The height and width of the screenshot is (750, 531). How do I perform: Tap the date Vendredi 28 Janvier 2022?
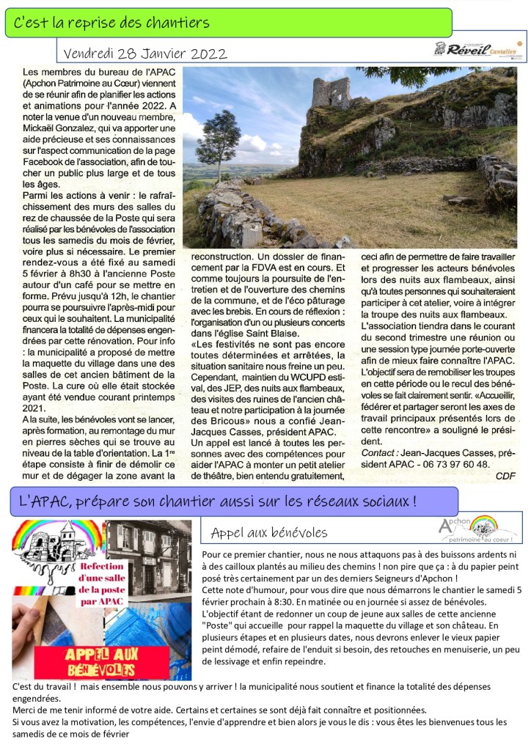pos(145,54)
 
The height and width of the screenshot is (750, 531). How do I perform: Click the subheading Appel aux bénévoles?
pos(269,532)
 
